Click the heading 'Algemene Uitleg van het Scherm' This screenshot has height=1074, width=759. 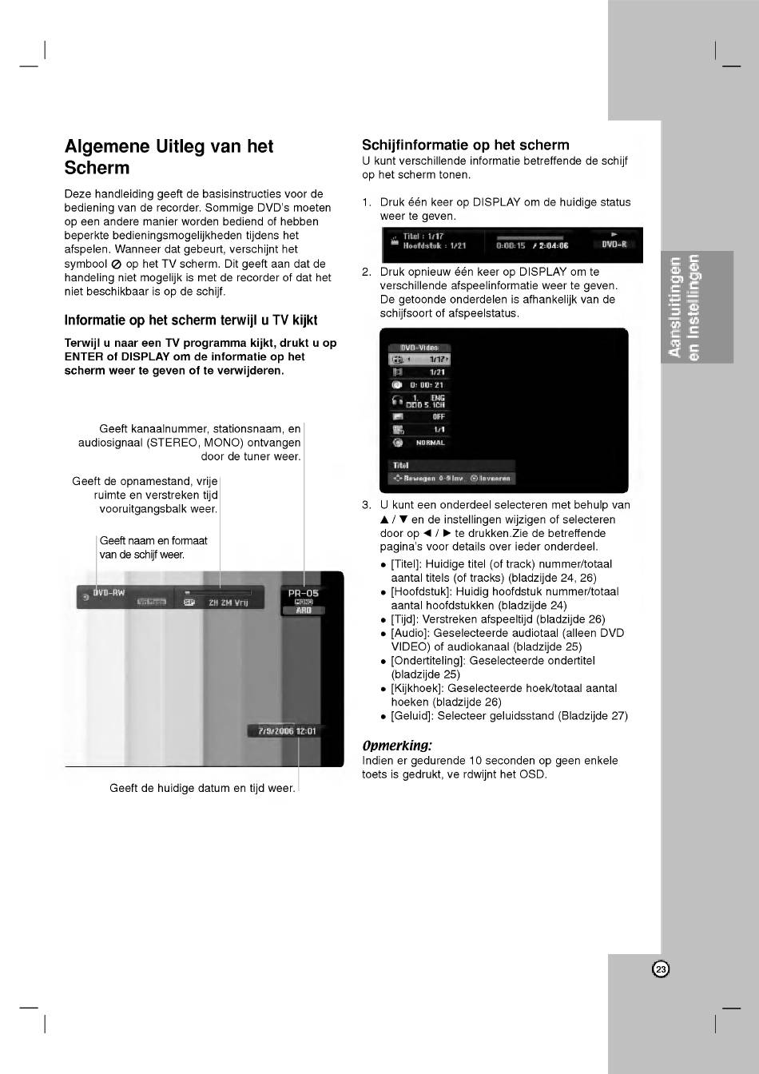tap(169, 157)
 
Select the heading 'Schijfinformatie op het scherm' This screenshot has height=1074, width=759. tap(465, 145)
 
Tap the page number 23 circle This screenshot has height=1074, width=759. tap(661, 969)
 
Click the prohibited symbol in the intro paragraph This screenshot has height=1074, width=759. tap(117, 264)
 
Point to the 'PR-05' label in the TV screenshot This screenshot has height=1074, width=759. tap(303, 593)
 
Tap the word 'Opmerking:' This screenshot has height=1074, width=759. tap(396, 746)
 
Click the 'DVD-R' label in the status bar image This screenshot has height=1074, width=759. tap(614, 245)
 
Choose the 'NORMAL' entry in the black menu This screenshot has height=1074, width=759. tap(430, 443)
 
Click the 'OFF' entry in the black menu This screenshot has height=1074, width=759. tap(439, 416)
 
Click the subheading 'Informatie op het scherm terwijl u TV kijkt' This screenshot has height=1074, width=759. tap(191, 320)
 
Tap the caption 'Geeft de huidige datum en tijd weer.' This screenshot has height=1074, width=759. tap(202, 788)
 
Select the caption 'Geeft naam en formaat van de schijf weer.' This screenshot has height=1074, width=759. tap(153, 547)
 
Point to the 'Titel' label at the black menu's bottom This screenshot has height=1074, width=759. tap(400, 465)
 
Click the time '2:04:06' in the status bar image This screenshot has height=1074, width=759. tap(552, 246)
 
